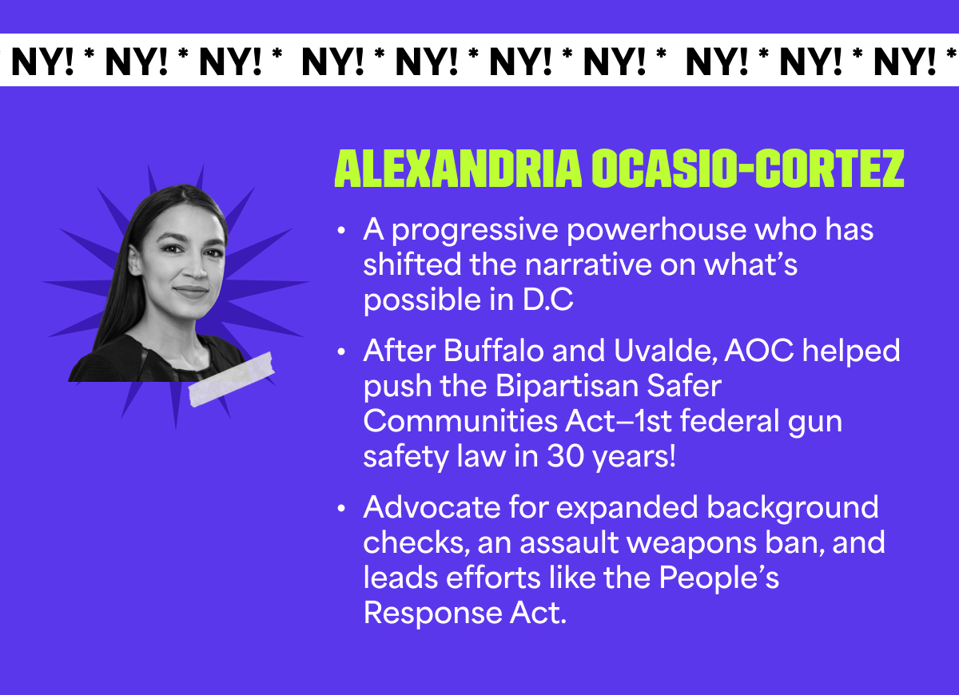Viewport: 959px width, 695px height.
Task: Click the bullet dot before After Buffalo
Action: point(342,352)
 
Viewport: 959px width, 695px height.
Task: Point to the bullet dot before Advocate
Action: point(342,509)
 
